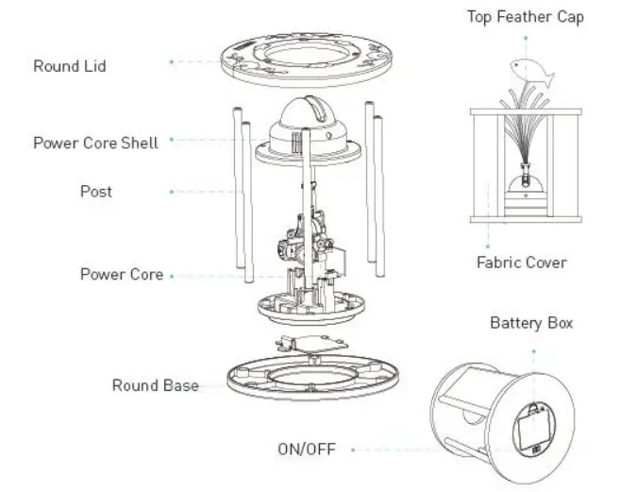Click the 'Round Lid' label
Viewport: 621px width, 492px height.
[70, 66]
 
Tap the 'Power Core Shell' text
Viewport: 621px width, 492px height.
[95, 143]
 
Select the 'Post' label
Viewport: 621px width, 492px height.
[95, 192]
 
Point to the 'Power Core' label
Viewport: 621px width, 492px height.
[121, 275]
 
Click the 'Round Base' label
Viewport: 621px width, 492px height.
[155, 385]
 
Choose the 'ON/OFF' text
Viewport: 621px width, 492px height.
[306, 449]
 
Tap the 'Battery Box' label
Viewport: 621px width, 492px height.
[530, 323]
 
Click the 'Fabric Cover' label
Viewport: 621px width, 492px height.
[522, 262]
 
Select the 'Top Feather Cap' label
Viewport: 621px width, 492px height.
[525, 17]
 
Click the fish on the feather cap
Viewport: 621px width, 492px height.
[526, 66]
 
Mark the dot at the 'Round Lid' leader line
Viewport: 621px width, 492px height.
[171, 61]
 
